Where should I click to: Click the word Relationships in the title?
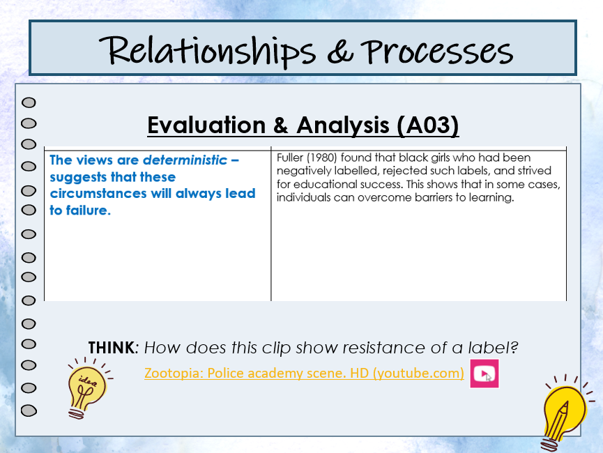click(207, 51)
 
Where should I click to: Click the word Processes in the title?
click(436, 52)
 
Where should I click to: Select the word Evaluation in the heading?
click(206, 125)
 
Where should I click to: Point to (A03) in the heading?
click(427, 125)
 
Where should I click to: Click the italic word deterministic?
click(185, 160)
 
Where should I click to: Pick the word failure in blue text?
click(88, 210)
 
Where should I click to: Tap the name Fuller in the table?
click(289, 158)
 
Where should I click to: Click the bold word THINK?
click(111, 348)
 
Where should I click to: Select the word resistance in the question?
click(384, 348)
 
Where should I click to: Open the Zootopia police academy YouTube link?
click(304, 373)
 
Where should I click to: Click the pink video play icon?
click(484, 374)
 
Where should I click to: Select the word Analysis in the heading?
click(343, 125)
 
